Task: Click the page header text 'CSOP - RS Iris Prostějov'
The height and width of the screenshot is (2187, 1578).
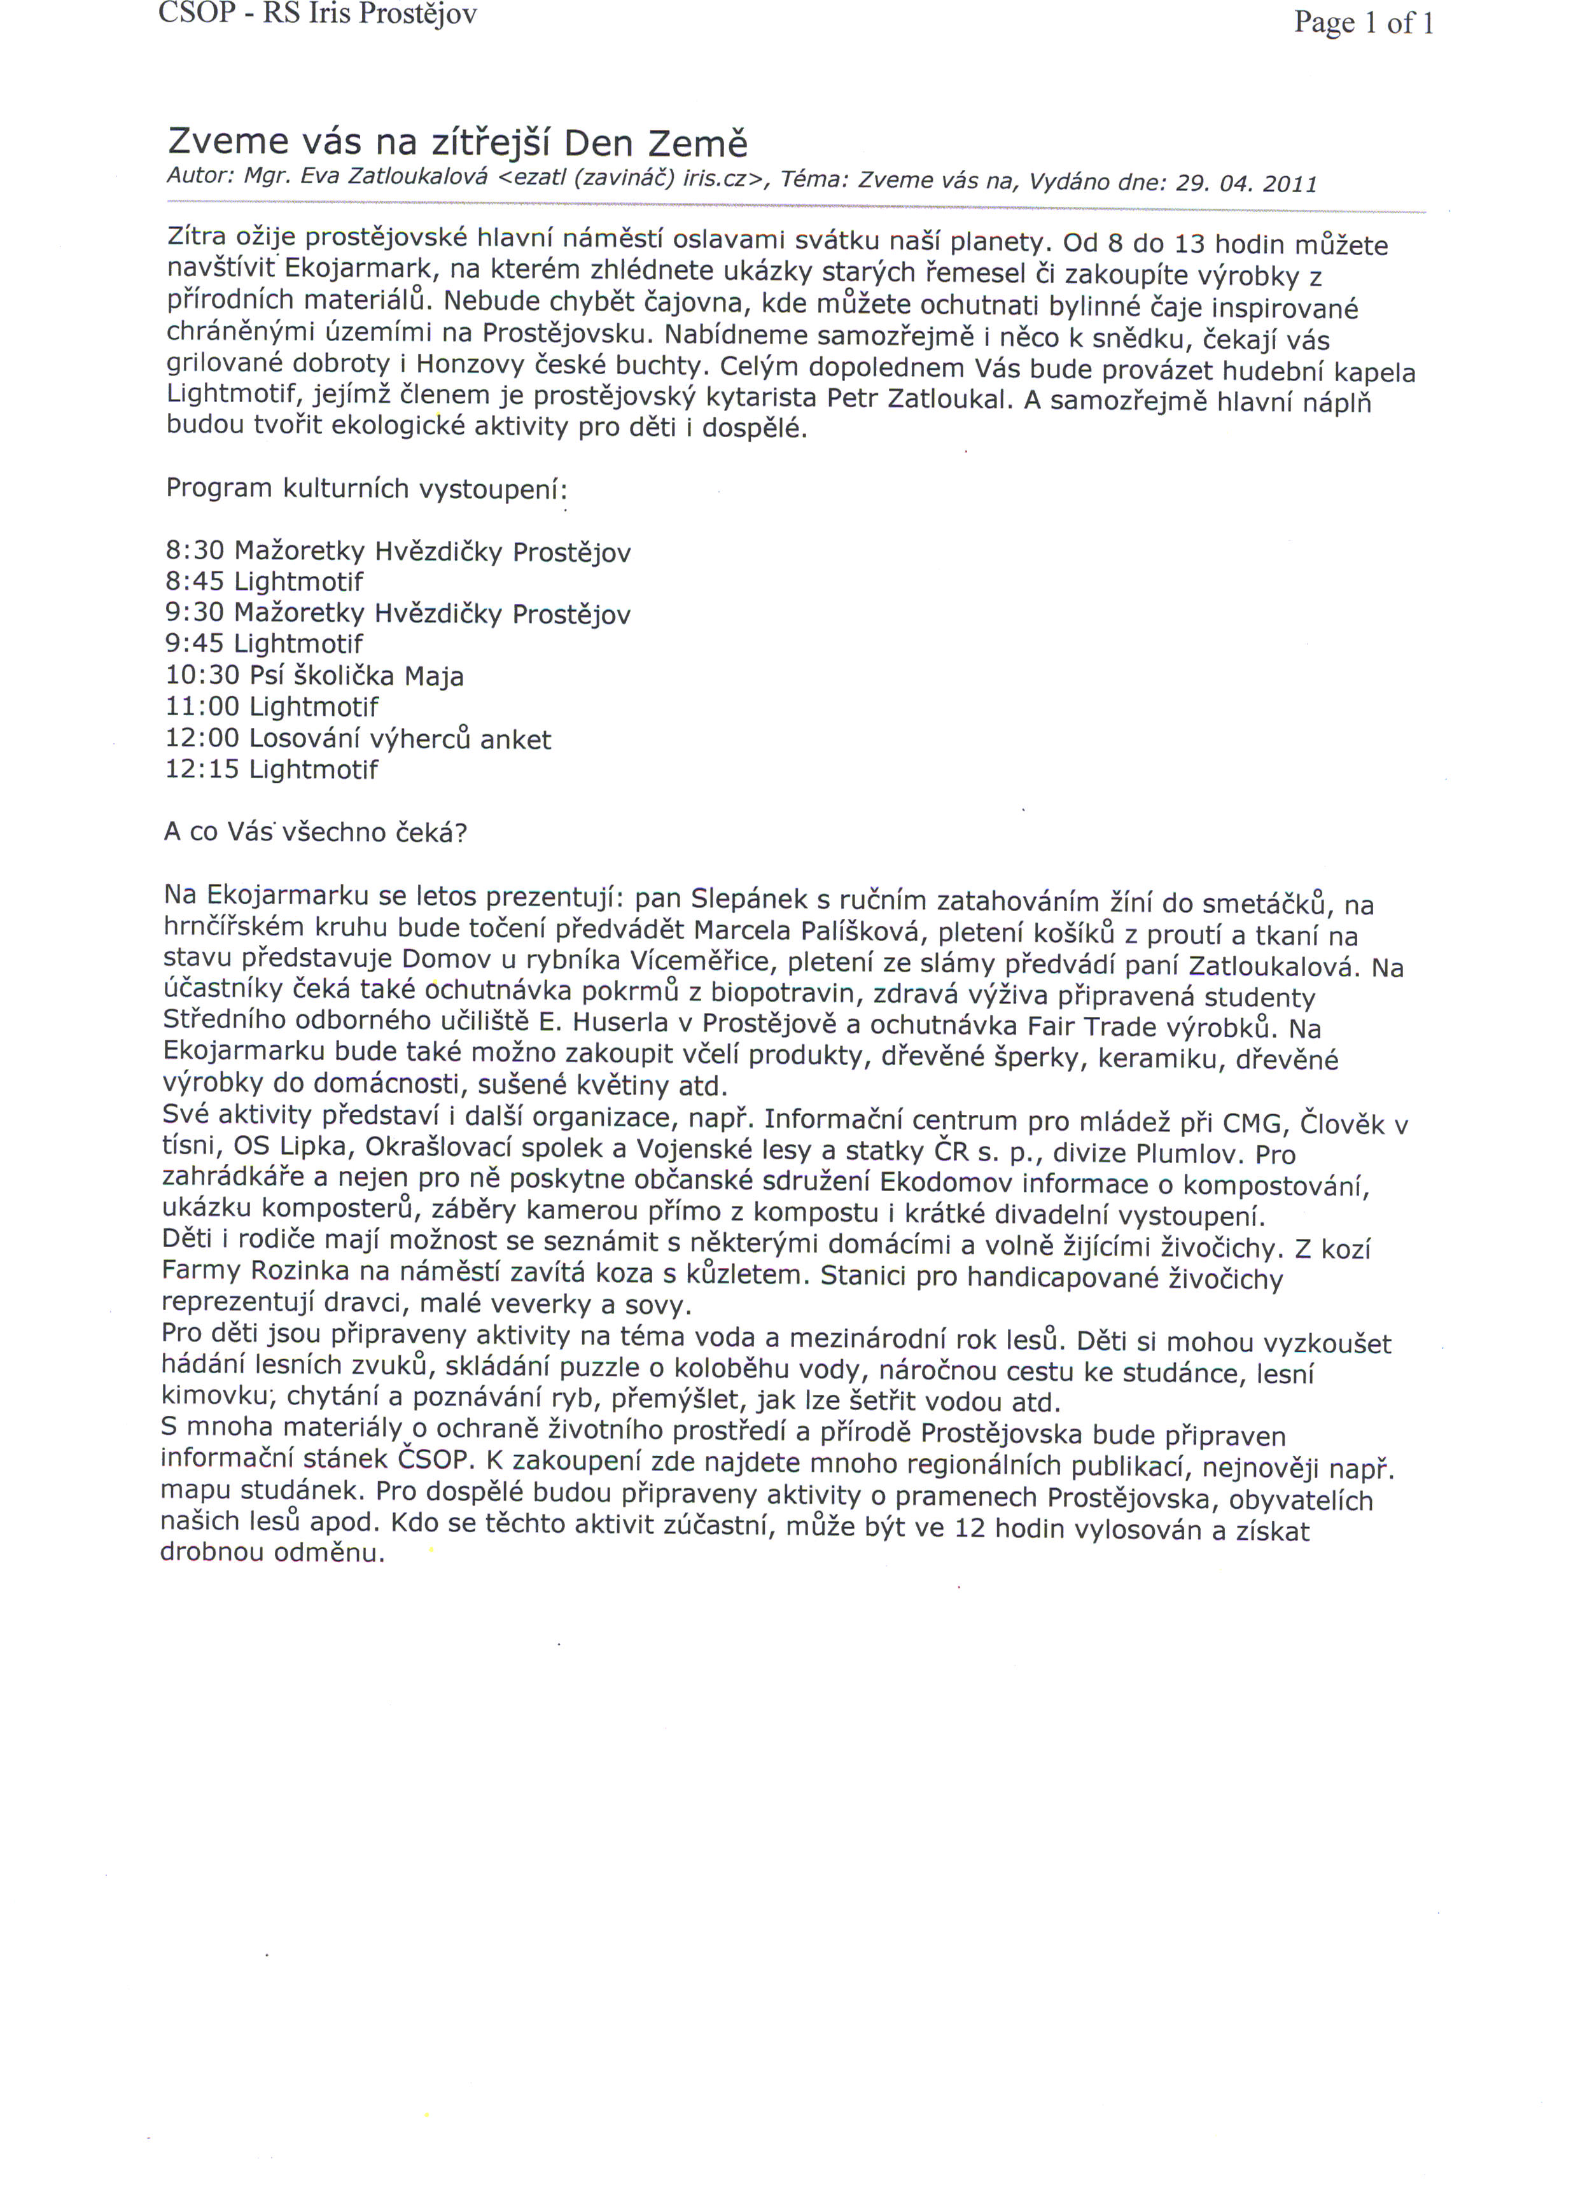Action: (x=318, y=15)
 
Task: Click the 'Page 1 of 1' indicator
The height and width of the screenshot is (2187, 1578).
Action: (x=1363, y=22)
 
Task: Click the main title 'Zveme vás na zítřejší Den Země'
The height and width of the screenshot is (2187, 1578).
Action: (x=457, y=143)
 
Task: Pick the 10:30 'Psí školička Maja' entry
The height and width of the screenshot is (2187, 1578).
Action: (x=314, y=675)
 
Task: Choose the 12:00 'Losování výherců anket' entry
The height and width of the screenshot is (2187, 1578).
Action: (x=358, y=739)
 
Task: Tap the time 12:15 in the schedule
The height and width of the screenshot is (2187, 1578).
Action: (x=202, y=769)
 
